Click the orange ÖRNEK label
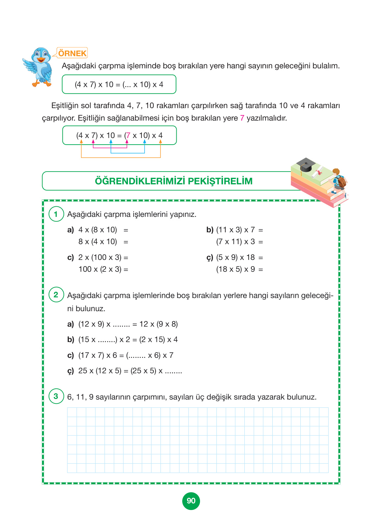pos(72,53)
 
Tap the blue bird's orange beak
pos(41,60)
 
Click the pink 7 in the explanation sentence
pos(242,118)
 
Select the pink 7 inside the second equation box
pos(128,135)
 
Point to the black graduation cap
pos(306,165)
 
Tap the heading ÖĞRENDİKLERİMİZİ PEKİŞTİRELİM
pos(174,181)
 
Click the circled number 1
pos(56,214)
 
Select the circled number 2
pos(56,295)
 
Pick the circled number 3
pos(56,396)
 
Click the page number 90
pos(191,501)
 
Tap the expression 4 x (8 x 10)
pos(98,230)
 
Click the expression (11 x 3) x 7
pos(236,230)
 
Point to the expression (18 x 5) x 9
pos(236,269)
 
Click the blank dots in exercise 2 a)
pos(121,325)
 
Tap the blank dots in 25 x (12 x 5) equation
pos(173,371)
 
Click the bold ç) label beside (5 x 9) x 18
pos(210,258)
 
